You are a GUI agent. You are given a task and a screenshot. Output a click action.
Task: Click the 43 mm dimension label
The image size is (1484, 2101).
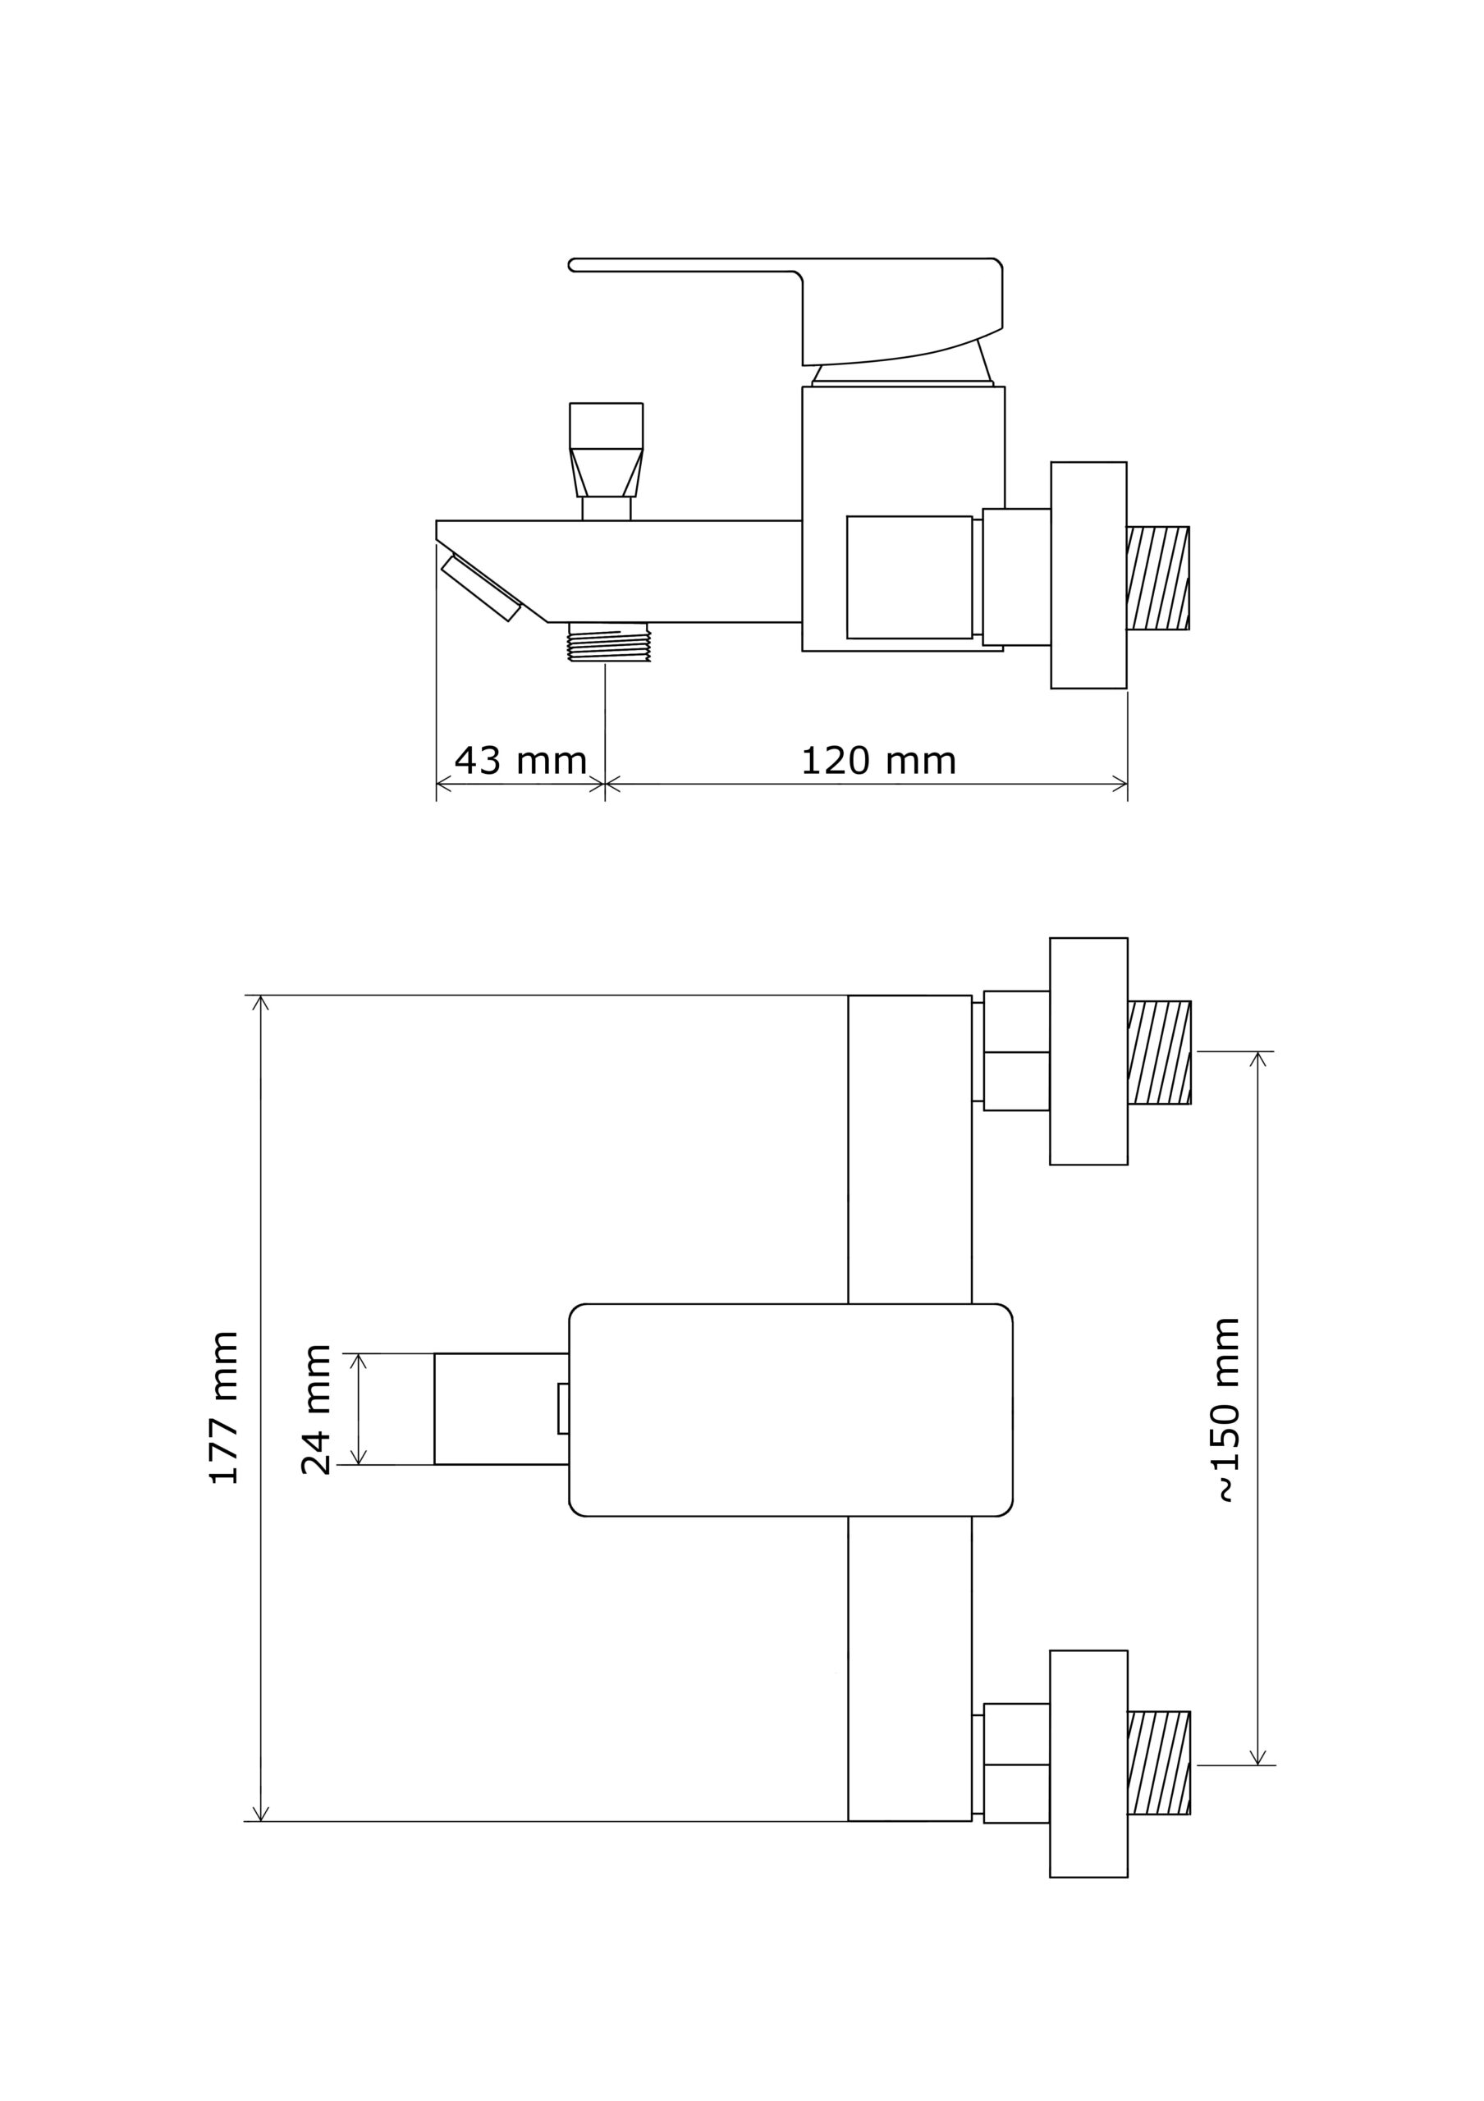[520, 761]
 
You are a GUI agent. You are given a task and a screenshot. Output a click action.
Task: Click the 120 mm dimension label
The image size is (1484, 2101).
[878, 761]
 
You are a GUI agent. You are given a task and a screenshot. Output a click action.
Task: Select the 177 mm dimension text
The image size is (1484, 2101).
[224, 1408]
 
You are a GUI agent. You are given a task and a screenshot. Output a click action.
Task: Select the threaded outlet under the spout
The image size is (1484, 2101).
[608, 642]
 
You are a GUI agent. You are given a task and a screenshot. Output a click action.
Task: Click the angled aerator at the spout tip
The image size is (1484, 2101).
[481, 588]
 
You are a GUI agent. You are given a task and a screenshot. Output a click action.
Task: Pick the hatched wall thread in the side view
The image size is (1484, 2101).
[1158, 579]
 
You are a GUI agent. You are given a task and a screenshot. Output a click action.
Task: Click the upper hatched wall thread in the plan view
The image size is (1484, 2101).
[1159, 1052]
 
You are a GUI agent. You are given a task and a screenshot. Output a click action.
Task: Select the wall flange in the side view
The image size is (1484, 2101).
[1088, 574]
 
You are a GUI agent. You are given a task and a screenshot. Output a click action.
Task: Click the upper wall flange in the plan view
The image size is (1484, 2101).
[1088, 1051]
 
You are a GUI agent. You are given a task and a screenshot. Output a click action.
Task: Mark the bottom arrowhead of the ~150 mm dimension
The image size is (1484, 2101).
[1258, 1757]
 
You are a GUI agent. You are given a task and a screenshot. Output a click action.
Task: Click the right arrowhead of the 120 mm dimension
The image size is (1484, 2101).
[1120, 783]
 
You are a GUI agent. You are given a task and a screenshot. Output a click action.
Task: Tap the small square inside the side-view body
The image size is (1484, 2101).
[909, 578]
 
